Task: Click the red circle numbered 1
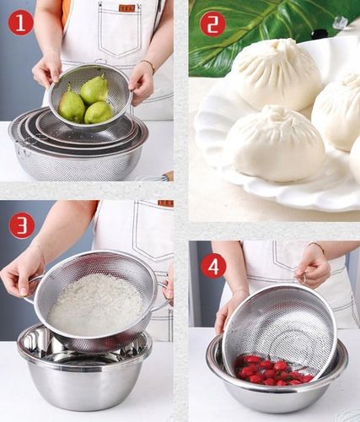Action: point(21,23)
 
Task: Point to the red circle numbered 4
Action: point(213,267)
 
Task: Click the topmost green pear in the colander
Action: point(94,89)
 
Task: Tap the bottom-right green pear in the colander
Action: point(99,112)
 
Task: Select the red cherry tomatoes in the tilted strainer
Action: point(271,370)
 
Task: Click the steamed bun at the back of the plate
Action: point(277,73)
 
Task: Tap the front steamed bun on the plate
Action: point(276,143)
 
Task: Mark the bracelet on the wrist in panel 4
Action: point(317,246)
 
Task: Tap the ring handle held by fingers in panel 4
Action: point(303,279)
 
